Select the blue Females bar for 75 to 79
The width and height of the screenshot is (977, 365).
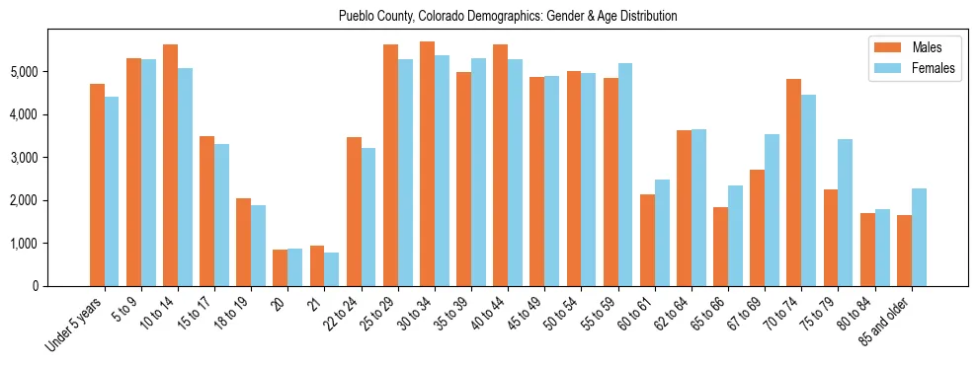coord(846,213)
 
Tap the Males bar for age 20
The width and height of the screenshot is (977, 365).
coord(281,267)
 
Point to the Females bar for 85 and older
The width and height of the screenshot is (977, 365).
coord(919,237)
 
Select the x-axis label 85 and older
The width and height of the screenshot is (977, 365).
coord(886,322)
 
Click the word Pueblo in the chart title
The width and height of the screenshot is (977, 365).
coord(356,16)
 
